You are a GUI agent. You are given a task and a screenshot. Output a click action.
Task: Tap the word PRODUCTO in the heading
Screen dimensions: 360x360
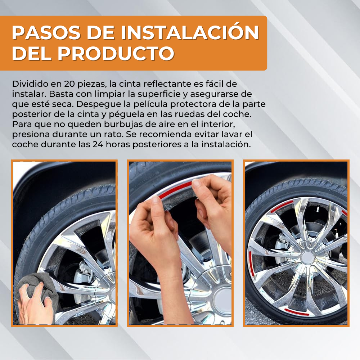(116, 53)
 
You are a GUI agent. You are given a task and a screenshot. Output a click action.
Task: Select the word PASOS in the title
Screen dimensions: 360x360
(46, 33)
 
